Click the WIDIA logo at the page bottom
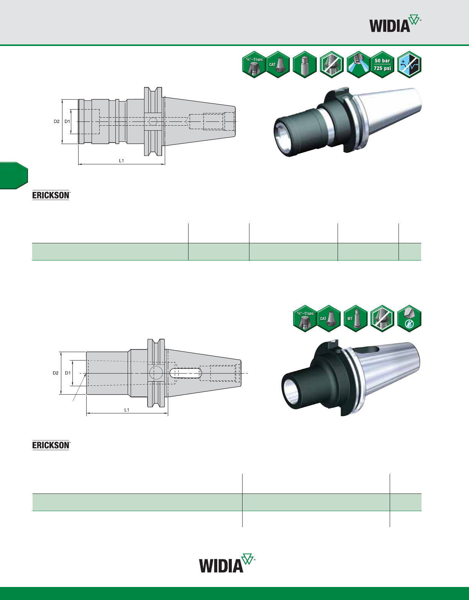(227, 563)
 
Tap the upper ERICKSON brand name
(51, 195)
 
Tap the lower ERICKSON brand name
(51, 445)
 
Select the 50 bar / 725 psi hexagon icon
(382, 65)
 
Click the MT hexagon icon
(356, 319)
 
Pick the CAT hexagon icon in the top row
(278, 65)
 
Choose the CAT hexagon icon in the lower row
(328, 319)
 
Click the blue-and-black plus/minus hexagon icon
(409, 65)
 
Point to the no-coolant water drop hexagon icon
(409, 319)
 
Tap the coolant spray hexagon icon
(358, 65)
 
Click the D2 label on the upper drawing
(57, 121)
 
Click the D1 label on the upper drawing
(67, 121)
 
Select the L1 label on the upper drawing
(121, 161)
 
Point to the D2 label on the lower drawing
(56, 373)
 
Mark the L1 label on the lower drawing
(127, 410)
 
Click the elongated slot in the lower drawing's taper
(186, 373)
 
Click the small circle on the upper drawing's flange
(153, 121)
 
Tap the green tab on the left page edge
(14, 175)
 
